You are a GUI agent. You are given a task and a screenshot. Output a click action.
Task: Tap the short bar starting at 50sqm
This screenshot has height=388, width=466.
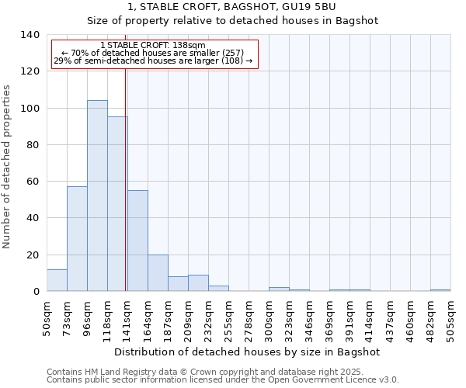point(57,280)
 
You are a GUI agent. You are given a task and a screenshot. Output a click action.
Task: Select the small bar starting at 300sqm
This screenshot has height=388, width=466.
point(279,289)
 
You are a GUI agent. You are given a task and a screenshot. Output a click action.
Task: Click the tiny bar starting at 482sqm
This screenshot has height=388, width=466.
point(440,290)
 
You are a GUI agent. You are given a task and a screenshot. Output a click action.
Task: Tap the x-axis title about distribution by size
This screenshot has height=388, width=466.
point(247,352)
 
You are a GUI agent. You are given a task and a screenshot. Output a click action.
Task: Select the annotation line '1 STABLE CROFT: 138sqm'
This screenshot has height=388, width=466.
point(153,46)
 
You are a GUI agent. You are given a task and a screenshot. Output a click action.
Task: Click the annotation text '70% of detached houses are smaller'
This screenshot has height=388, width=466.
point(153,53)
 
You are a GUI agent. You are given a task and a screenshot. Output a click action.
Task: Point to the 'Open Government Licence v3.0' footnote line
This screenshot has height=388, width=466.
point(223,380)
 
